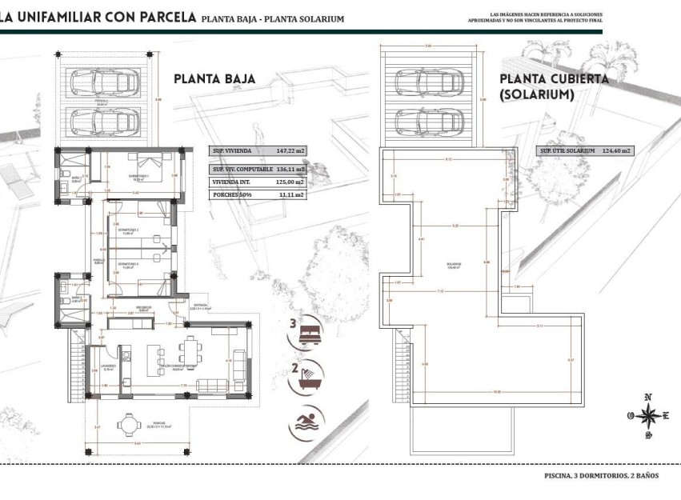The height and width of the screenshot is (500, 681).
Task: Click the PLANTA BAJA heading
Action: [x=214, y=78]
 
